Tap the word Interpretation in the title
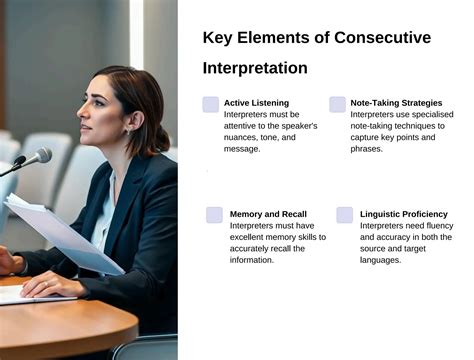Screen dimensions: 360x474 point(254,68)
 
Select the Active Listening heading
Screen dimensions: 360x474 point(256,102)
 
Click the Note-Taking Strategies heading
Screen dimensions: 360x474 point(397,102)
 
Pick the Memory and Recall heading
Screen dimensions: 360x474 point(268,214)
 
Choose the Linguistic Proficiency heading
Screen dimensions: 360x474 point(403,214)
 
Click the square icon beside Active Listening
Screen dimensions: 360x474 point(210,104)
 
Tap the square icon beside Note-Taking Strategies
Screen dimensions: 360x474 point(337,104)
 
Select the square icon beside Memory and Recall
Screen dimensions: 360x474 point(214,215)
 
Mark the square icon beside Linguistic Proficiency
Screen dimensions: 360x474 point(344,215)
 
